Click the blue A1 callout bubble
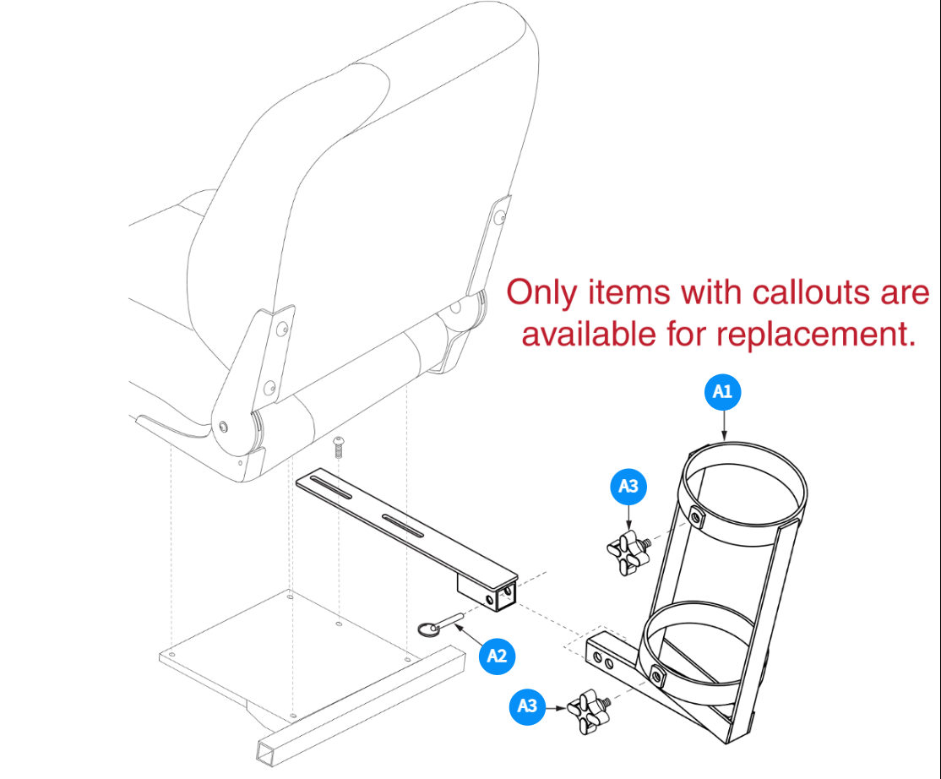click(722, 391)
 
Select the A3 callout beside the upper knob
click(628, 486)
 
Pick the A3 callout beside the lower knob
click(527, 705)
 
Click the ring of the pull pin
click(432, 628)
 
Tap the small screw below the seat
click(339, 444)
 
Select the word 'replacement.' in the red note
click(816, 334)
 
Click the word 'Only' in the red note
click(541, 293)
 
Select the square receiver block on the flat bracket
click(488, 591)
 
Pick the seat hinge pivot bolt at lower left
click(223, 426)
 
